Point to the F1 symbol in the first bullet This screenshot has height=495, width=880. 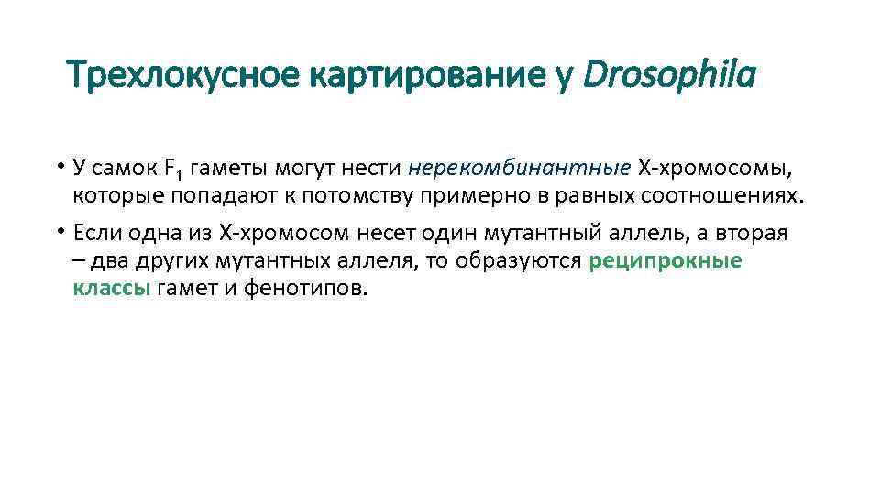(x=174, y=169)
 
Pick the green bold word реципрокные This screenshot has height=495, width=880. (x=665, y=260)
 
